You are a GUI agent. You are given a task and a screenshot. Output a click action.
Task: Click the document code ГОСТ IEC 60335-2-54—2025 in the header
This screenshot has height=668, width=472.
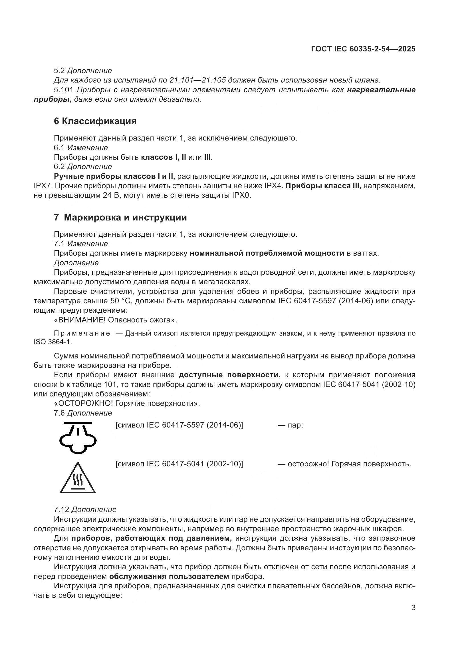coord(363,49)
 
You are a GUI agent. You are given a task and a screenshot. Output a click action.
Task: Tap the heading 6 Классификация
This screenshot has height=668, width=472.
coord(95,121)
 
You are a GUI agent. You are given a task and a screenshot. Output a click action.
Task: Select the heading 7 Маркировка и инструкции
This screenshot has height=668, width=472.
coord(120,217)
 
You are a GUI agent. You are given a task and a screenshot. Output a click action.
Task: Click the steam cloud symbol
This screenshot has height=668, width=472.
coord(78,437)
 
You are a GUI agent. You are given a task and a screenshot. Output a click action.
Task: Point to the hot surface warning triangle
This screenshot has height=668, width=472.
coord(78,479)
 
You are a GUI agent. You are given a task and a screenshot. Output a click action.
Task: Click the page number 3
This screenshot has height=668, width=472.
coord(413,608)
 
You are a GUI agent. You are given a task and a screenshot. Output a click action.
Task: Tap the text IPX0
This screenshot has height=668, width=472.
coord(241,195)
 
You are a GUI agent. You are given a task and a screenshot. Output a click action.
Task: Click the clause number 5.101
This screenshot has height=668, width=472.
coord(63,90)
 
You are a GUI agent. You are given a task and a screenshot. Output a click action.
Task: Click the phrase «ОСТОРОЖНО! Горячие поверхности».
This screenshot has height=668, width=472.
coord(127,403)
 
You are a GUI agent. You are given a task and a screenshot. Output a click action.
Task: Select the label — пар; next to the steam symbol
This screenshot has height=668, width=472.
coord(290,425)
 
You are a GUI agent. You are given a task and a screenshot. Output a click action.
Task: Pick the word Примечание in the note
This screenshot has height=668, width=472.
coord(82,333)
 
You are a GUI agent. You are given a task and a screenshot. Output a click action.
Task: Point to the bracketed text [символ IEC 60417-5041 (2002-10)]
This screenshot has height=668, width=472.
coord(179,464)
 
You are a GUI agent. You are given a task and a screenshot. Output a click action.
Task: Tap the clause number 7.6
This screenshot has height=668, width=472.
coord(61,413)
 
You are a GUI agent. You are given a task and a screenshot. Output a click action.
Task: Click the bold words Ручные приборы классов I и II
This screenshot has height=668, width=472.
coord(114,176)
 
